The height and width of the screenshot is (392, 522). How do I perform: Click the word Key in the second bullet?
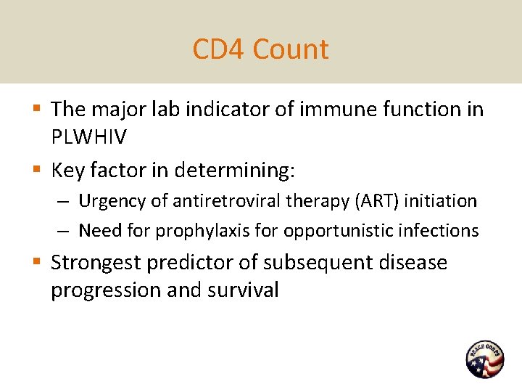tap(67, 170)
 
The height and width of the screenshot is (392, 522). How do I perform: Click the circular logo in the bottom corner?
tap(484, 359)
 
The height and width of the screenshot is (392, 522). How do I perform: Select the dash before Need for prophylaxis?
tap(65, 231)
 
